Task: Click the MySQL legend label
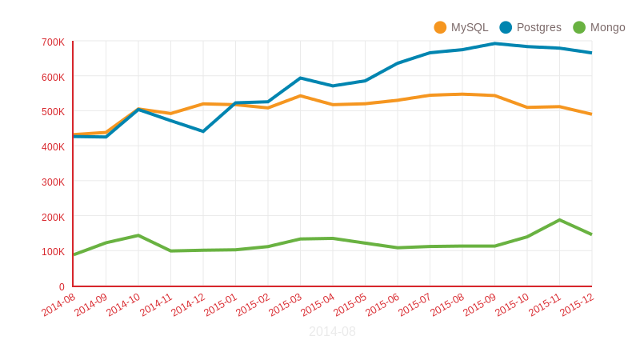click(x=470, y=27)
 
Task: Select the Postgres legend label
click(x=538, y=27)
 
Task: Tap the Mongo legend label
click(x=607, y=27)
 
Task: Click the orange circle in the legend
click(x=440, y=27)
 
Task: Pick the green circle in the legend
click(x=579, y=27)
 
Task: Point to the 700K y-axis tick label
click(x=53, y=42)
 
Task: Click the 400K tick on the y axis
click(x=53, y=146)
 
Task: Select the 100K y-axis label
click(x=53, y=251)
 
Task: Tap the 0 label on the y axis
click(x=62, y=286)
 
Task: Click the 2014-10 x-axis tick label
click(x=124, y=305)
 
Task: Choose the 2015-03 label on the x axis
click(x=286, y=305)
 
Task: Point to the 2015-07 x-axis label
click(x=415, y=305)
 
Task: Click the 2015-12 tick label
click(x=577, y=305)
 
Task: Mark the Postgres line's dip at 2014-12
click(x=203, y=131)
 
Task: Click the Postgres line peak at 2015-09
click(x=495, y=43)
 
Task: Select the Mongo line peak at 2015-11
click(x=560, y=220)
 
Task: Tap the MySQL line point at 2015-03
click(x=300, y=96)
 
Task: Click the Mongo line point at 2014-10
click(x=138, y=235)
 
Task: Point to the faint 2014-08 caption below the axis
click(x=332, y=331)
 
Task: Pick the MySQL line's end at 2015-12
click(x=591, y=114)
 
